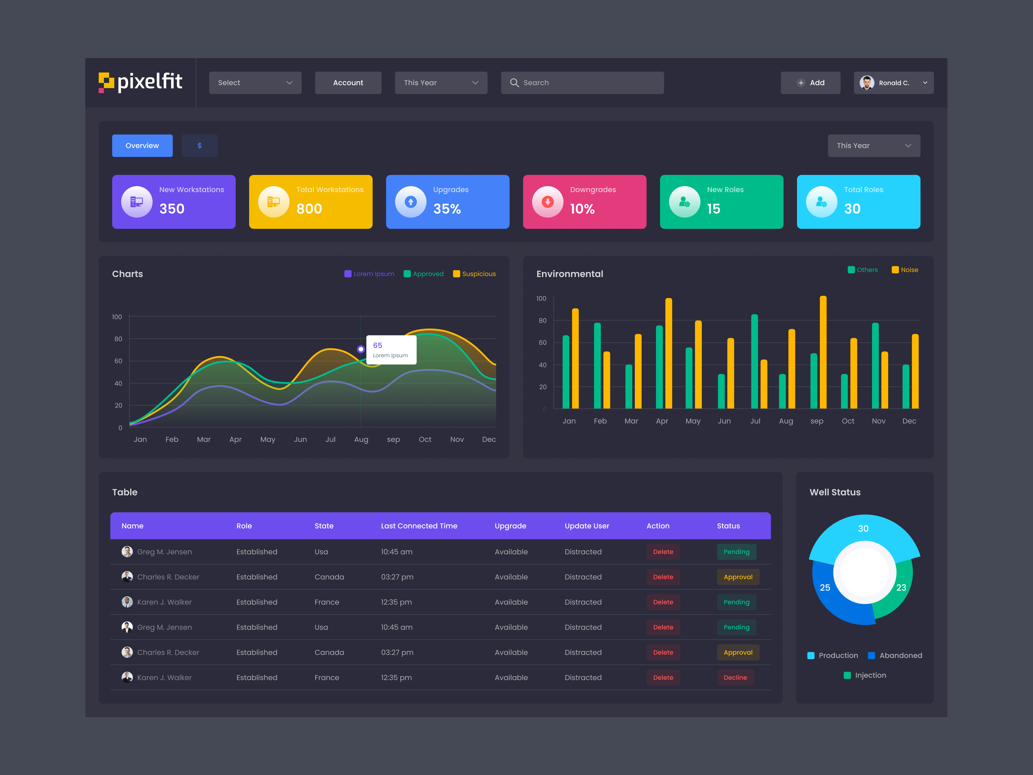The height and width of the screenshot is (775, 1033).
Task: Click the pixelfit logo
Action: (x=140, y=82)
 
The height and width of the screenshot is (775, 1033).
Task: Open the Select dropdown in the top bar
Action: (x=255, y=83)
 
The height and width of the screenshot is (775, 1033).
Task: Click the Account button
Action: (x=348, y=83)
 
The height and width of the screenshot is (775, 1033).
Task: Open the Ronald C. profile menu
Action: (x=893, y=83)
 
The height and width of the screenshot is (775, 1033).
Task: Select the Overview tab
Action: (x=142, y=146)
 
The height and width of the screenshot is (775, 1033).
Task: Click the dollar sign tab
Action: (x=199, y=146)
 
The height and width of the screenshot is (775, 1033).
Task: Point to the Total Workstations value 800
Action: (x=309, y=209)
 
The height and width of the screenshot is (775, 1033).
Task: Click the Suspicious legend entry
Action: (x=475, y=274)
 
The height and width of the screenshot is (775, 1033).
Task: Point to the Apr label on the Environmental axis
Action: (x=662, y=421)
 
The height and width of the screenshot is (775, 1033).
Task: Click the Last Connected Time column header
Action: (x=419, y=526)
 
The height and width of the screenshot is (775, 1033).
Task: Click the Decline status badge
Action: (x=735, y=677)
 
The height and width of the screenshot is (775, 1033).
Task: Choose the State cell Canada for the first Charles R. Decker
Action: (x=329, y=577)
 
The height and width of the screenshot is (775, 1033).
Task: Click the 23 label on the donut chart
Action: (x=901, y=588)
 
